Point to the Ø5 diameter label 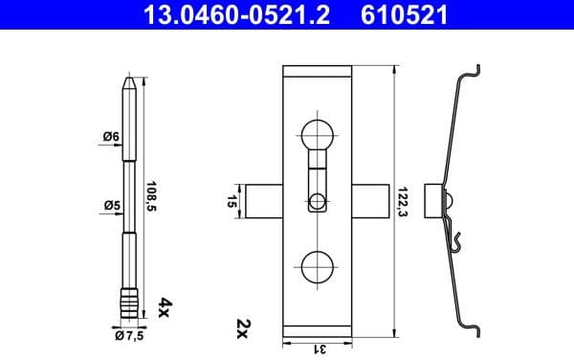111,204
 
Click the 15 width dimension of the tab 232,202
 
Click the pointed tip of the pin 130,85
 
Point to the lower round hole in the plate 317,266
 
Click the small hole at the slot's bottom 317,201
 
